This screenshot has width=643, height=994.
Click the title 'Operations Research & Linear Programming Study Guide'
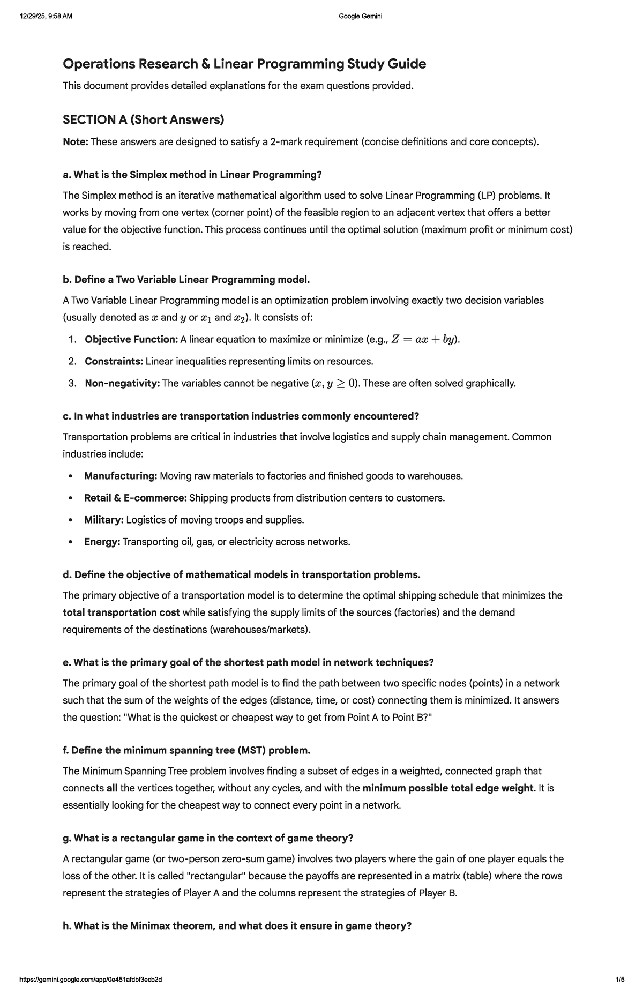pos(244,64)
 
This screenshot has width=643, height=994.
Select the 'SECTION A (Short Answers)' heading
pos(143,119)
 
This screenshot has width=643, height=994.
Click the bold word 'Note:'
pos(76,142)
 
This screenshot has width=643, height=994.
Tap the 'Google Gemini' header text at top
pos(361,16)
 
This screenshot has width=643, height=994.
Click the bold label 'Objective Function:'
pos(131,340)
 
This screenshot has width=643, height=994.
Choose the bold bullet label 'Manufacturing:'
pos(121,476)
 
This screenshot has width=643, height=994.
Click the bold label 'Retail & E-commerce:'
pos(136,498)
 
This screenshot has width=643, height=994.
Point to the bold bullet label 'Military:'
pos(104,520)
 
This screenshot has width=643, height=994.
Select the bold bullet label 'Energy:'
pos(102,542)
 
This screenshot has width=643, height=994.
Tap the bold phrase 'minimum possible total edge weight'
pos(448,789)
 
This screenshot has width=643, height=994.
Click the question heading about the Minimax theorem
pos(237,926)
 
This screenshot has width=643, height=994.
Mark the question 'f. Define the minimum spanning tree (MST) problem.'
pos(186,750)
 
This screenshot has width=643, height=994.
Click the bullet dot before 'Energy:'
pos(71,542)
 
